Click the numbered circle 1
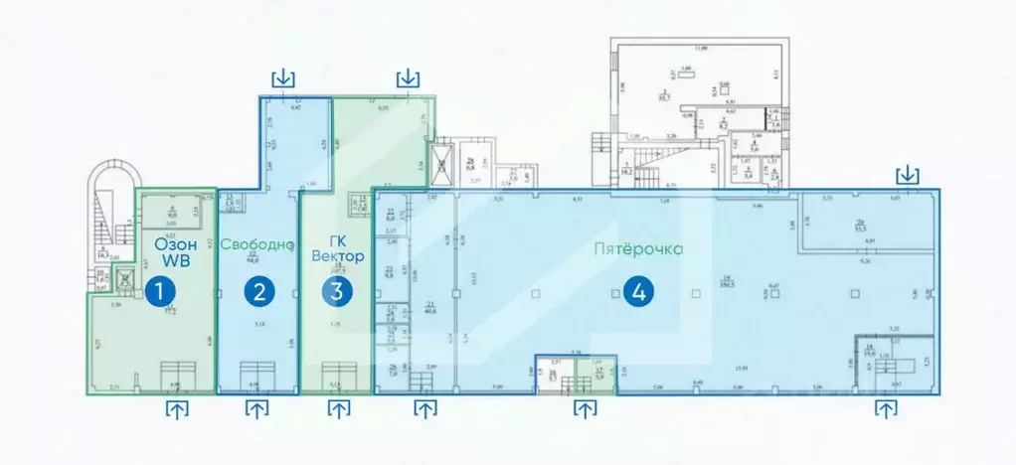pyautogui.click(x=156, y=291)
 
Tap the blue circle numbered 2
pyautogui.click(x=259, y=291)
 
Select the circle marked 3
pyautogui.click(x=337, y=291)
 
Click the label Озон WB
pyautogui.click(x=172, y=251)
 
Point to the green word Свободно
pyautogui.click(x=257, y=244)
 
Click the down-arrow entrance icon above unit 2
pyautogui.click(x=284, y=77)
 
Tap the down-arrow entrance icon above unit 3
pyautogui.click(x=408, y=77)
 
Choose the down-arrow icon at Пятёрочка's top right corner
pyautogui.click(x=907, y=176)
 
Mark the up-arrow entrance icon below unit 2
pyautogui.click(x=256, y=407)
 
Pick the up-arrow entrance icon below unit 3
pyautogui.click(x=339, y=407)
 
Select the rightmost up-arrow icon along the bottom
pyautogui.click(x=884, y=407)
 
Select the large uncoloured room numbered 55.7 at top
pyautogui.click(x=676, y=94)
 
